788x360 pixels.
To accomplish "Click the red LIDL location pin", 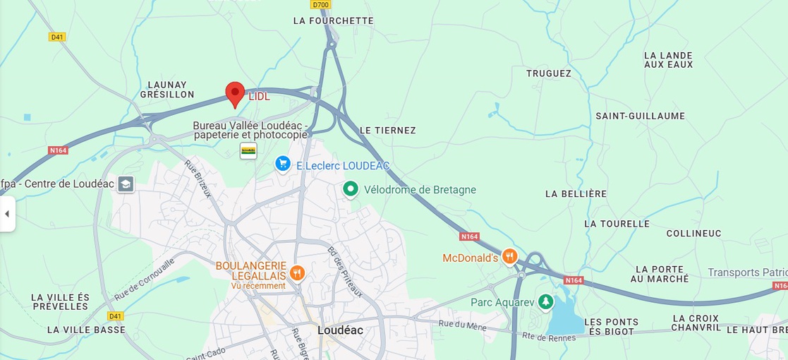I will [235, 93].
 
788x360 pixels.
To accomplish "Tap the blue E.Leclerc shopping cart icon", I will [283, 164].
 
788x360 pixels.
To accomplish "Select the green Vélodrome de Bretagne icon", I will [351, 189].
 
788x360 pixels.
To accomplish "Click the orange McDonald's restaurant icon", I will [510, 256].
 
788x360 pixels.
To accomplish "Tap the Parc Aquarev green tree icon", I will [545, 302].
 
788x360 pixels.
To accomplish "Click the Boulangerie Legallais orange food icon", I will [298, 272].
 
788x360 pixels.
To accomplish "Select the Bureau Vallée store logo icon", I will [248, 150].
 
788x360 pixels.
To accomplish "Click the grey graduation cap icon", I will [126, 184].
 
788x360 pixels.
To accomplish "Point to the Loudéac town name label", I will [340, 330].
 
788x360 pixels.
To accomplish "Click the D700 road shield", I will [321, 4].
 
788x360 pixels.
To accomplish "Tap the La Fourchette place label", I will [333, 21].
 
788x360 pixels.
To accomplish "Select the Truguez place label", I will [549, 73].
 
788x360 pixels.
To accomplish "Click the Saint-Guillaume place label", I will [640, 116].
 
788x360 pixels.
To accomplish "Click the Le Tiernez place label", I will [387, 131].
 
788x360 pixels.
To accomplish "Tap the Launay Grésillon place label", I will [167, 90].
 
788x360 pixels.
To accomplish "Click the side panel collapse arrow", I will [7, 214].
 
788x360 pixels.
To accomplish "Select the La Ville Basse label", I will [86, 330].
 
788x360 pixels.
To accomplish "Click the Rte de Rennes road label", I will [549, 337].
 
